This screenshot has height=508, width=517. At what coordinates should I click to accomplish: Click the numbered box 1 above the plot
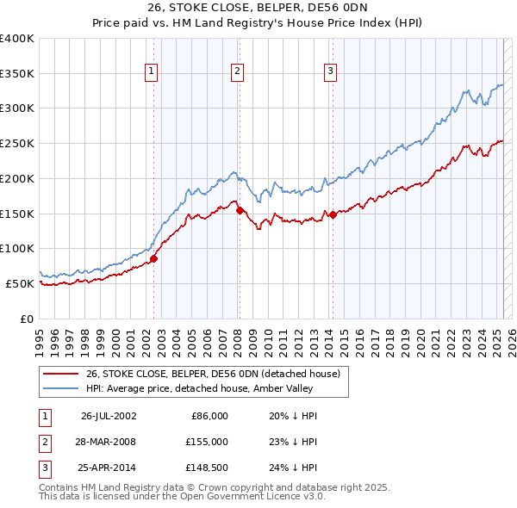point(152,72)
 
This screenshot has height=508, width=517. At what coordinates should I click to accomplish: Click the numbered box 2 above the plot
point(237,72)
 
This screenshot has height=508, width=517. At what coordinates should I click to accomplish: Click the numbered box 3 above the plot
point(331,72)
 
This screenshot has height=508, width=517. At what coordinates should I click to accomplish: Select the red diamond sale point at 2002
point(154,257)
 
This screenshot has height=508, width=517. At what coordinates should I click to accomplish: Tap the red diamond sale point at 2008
point(240,209)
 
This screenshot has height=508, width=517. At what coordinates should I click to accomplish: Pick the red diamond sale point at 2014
point(333,214)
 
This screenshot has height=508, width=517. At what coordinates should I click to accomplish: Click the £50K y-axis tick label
point(21,283)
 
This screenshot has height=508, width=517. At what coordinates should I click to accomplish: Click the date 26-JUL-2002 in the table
point(109,416)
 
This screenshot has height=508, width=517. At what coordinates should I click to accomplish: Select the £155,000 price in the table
point(206,442)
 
